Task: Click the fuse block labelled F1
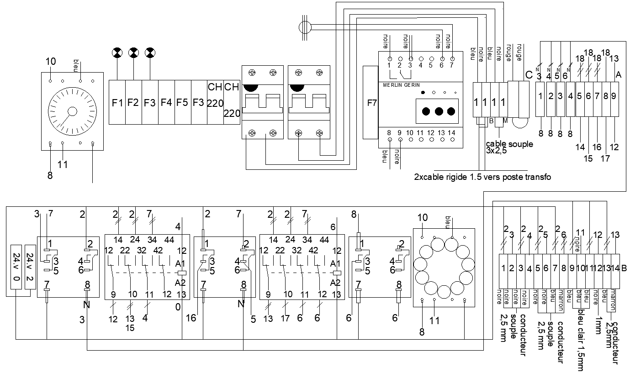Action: coord(117,102)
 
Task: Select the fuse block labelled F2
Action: coord(133,102)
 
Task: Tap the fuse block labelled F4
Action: coord(166,102)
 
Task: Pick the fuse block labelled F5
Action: coord(182,102)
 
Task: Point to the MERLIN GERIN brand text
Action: coord(399,85)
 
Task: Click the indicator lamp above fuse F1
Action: coord(117,53)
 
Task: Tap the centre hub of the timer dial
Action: coord(72,112)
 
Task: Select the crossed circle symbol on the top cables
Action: coord(304,27)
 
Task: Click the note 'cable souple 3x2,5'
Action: coord(509,147)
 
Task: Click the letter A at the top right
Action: coord(618,74)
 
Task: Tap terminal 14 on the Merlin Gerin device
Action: coord(452,133)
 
